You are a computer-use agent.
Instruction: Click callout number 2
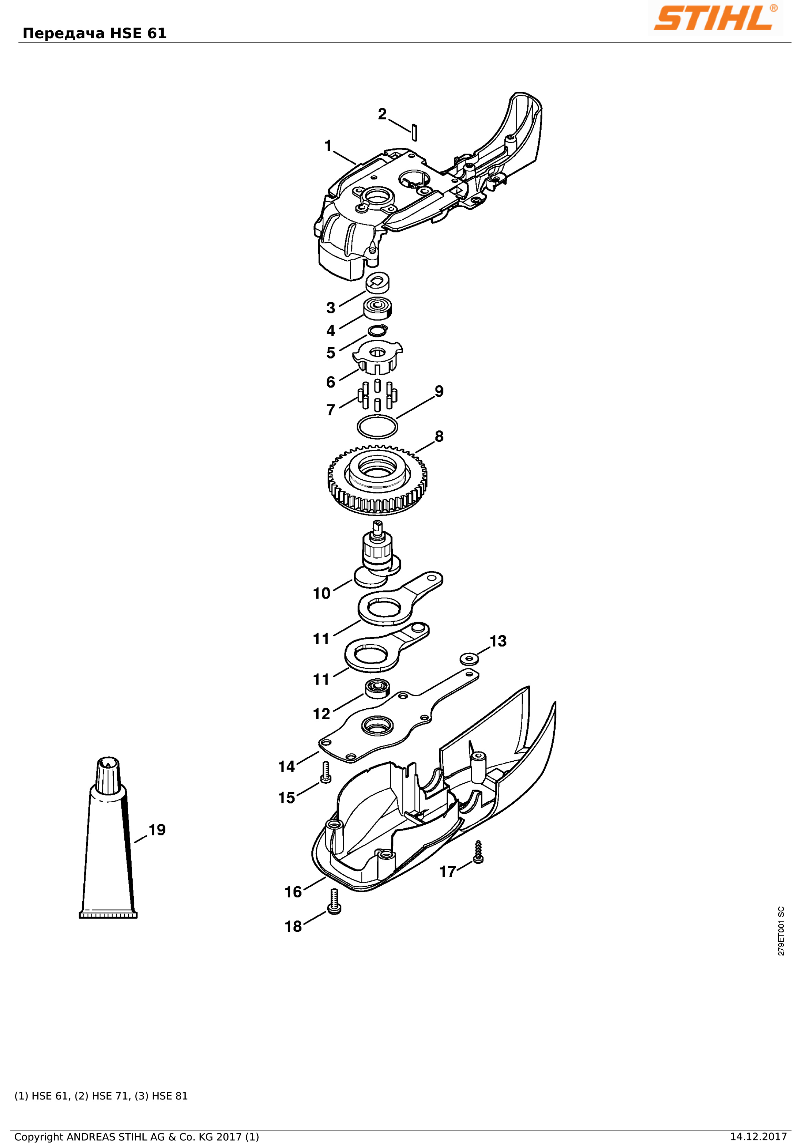382,114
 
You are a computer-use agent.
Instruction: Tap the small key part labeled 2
414,132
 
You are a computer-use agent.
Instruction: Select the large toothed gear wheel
377,480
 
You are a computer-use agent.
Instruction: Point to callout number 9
439,391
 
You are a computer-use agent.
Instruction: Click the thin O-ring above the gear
378,427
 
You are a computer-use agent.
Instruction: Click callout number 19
157,830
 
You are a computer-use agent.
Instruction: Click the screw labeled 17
478,852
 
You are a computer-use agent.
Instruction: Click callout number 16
293,892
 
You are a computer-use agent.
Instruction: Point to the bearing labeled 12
377,689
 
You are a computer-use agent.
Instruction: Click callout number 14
287,767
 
